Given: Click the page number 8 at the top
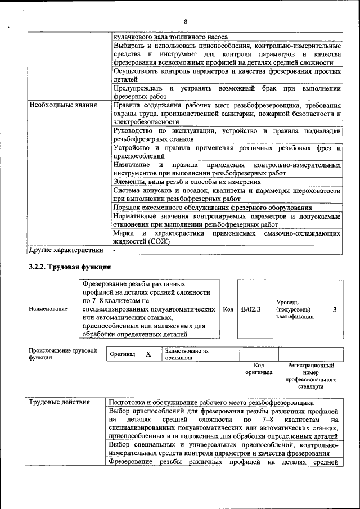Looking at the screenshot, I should pyautogui.click(x=185, y=21).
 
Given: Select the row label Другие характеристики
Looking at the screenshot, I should pyautogui.click(x=66, y=250).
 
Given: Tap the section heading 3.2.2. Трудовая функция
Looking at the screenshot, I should pyautogui.click(x=70, y=267).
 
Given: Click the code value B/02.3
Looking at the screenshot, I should pyautogui.click(x=250, y=309).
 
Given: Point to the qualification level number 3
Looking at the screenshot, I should pyautogui.click(x=335, y=309).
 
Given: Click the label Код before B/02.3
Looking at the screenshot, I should pyautogui.click(x=228, y=309).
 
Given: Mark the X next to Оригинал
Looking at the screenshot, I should pyautogui.click(x=148, y=354).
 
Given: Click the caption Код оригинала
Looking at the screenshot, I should pyautogui.click(x=259, y=369).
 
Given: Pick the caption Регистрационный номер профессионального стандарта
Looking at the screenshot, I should pyautogui.click(x=310, y=376).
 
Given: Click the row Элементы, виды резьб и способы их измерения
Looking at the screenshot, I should pyautogui.click(x=187, y=182).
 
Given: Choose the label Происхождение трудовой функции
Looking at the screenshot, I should pyautogui.click(x=62, y=354).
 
